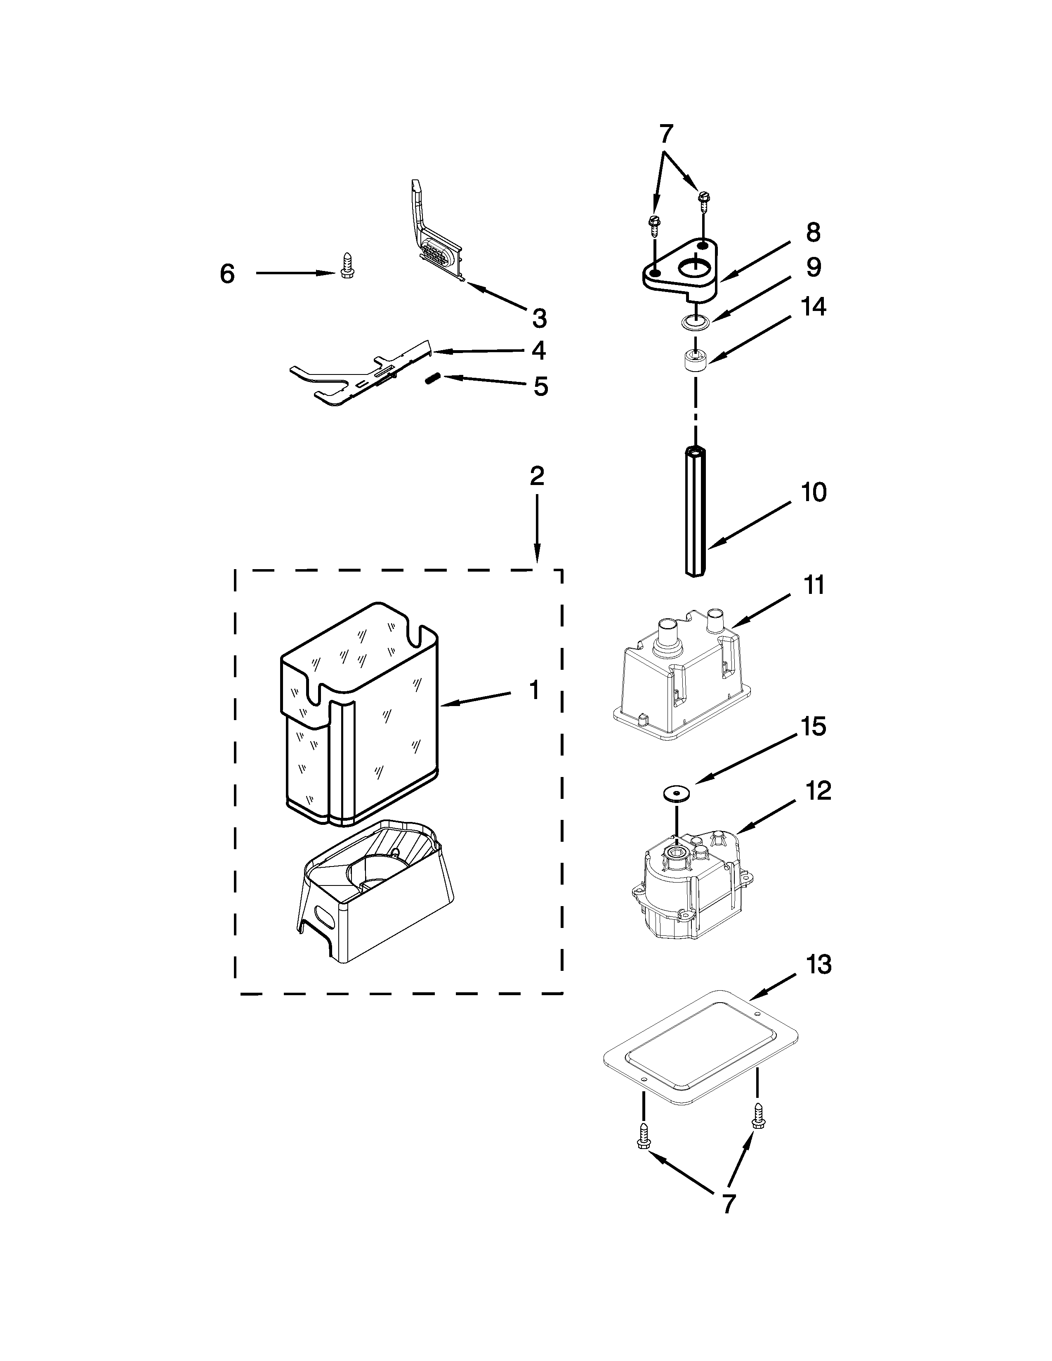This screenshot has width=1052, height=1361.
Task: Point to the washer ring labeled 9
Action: click(694, 322)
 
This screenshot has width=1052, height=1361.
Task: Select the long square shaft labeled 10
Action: click(696, 511)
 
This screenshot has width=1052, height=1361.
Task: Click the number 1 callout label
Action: click(534, 690)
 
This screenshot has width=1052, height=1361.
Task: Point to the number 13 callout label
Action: click(819, 965)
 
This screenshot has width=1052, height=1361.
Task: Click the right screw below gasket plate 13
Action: click(758, 1116)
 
